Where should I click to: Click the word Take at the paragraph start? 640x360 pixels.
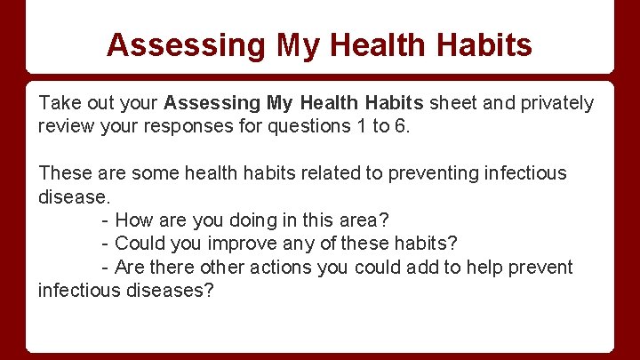click(x=58, y=103)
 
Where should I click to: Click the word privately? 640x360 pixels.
click(x=556, y=103)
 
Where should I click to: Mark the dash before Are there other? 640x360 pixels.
click(x=106, y=267)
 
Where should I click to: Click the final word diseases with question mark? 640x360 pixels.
click(x=171, y=291)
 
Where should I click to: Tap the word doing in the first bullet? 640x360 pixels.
click(x=250, y=220)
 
